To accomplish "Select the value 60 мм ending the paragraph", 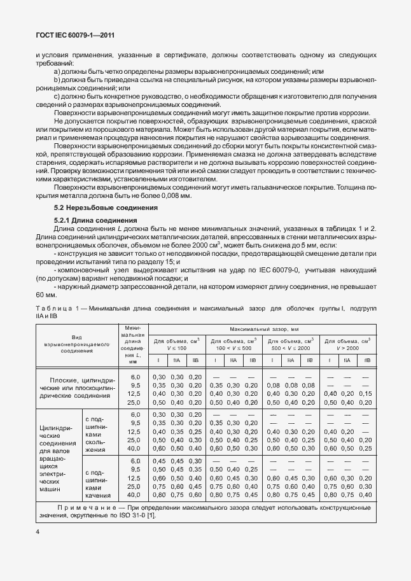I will [46, 295].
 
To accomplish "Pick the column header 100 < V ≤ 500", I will [233, 344].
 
